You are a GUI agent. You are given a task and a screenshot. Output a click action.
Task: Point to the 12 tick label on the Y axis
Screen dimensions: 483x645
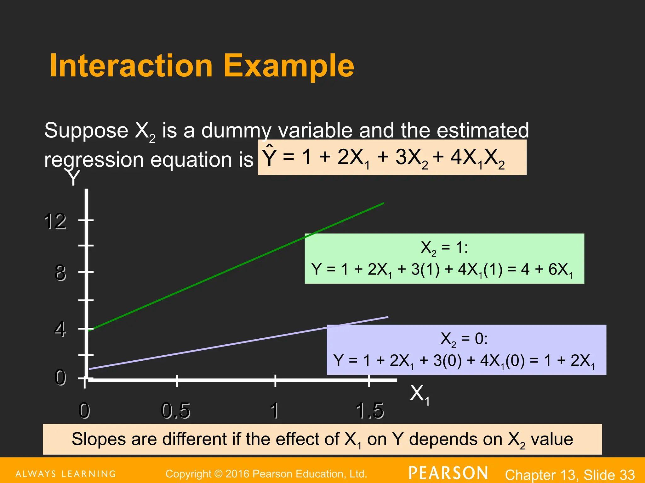click(55, 221)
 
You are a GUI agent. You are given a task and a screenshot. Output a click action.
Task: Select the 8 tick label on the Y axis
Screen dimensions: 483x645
click(60, 273)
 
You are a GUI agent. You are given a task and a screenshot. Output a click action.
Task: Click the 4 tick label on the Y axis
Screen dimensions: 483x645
click(60, 329)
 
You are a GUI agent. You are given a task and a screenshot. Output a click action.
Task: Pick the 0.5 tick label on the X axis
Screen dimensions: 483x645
click(175, 410)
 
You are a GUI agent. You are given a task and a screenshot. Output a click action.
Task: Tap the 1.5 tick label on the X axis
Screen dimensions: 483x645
click(370, 410)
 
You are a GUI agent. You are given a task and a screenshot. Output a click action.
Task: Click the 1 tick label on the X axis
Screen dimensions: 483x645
click(275, 410)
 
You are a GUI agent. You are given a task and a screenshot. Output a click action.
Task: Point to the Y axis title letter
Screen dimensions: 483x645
click(73, 178)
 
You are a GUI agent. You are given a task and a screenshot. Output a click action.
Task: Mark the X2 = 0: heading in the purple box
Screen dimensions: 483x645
click(464, 339)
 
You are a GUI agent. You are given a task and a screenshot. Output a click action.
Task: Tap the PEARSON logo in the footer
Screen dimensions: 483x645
click(448, 473)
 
